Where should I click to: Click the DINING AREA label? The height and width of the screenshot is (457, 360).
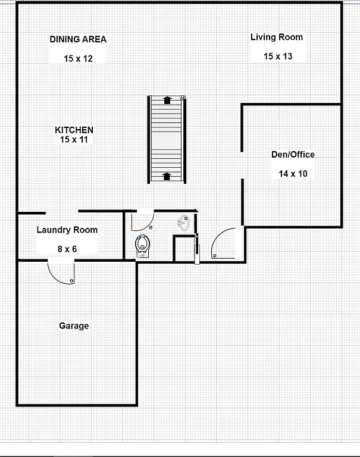click(x=78, y=39)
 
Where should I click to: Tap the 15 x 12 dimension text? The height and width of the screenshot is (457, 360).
click(x=78, y=58)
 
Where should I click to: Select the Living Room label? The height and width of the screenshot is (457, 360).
click(x=276, y=37)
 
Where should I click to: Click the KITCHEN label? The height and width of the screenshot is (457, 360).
click(x=74, y=130)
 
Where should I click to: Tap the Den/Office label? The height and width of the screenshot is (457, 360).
click(x=293, y=155)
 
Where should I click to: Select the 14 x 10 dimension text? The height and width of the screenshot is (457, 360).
click(x=293, y=174)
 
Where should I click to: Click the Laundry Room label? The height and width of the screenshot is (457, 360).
click(x=67, y=230)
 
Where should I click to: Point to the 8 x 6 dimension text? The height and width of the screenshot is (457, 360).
click(x=67, y=249)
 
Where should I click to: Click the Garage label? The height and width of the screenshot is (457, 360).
click(x=74, y=325)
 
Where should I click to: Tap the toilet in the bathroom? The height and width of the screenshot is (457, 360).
click(x=143, y=245)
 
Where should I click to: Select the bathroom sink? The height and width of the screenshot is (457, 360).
click(x=184, y=224)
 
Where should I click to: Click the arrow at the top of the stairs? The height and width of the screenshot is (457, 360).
click(x=167, y=100)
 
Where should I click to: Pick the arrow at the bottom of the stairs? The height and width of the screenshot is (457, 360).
click(x=167, y=176)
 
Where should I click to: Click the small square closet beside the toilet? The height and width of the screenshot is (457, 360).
click(x=183, y=249)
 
